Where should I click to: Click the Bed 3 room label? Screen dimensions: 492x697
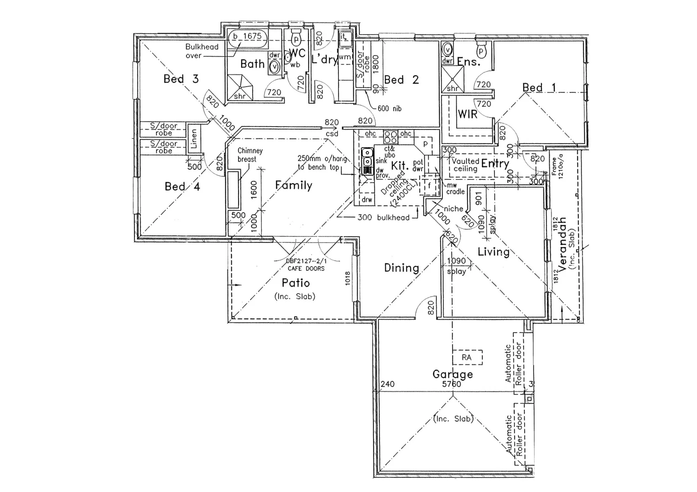[x=181, y=79]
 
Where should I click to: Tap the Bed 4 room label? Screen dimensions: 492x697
[x=182, y=186]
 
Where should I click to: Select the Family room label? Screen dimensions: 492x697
[x=293, y=185]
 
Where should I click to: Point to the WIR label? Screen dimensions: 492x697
[x=468, y=114]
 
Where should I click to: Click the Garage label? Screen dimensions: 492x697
[x=453, y=374]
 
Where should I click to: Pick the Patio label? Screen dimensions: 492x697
[x=295, y=283]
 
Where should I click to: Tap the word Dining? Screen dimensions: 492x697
[x=401, y=268]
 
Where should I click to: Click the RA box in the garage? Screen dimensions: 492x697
[x=467, y=358]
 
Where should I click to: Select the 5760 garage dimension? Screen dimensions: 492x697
[x=452, y=384]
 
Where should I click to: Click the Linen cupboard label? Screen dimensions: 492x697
[x=194, y=138]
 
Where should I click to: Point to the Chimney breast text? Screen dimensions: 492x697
[x=250, y=155]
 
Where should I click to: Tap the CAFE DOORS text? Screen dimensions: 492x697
[x=306, y=268]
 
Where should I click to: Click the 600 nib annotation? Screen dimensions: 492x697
[x=390, y=108]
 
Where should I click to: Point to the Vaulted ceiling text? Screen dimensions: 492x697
[x=465, y=165]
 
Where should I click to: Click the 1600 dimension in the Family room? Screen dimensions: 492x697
[x=254, y=189]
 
